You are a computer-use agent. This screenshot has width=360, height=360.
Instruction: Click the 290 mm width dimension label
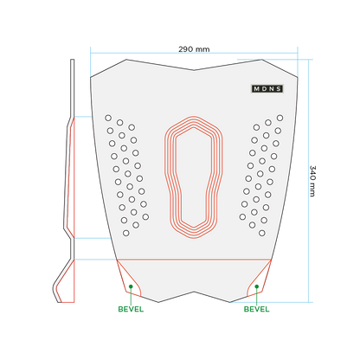tap(194, 49)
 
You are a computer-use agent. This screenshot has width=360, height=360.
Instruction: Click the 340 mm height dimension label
tap(312, 181)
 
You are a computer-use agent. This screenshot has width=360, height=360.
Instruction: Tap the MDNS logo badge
tap(267, 89)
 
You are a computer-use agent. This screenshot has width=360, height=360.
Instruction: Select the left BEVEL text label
tap(131, 309)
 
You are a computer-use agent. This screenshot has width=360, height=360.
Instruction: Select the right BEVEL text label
tap(256, 309)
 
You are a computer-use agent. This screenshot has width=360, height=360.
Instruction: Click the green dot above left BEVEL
tap(131, 286)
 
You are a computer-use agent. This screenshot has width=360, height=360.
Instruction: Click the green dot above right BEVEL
tap(257, 286)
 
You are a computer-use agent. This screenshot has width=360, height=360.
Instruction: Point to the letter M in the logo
tap(256, 89)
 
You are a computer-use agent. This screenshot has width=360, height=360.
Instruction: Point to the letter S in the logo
tap(279, 89)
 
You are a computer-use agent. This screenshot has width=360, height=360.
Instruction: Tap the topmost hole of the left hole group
tap(108, 118)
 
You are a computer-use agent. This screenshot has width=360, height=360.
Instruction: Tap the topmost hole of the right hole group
tap(280, 118)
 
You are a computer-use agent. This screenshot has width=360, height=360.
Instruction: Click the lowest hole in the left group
tap(126, 233)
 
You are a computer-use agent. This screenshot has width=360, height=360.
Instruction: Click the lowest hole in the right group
tap(262, 233)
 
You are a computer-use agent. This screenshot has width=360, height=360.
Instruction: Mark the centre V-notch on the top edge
tap(194, 70)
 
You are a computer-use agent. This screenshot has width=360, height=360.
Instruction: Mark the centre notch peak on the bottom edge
tap(194, 292)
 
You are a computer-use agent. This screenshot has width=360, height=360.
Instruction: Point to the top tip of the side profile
tap(73, 60)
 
